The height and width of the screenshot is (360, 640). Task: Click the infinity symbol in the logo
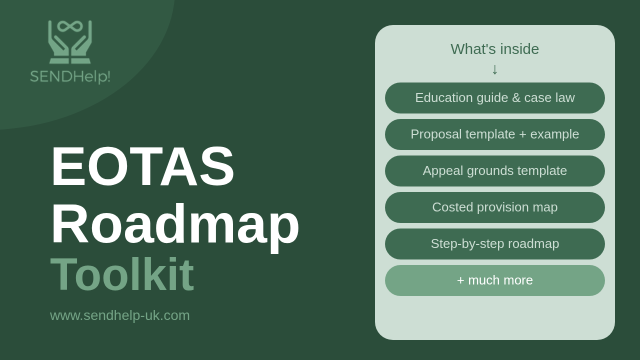(x=70, y=26)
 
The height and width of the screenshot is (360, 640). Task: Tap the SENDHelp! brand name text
(x=70, y=76)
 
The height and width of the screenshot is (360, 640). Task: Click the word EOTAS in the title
(x=142, y=166)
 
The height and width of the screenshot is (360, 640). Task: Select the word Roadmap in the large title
(x=175, y=224)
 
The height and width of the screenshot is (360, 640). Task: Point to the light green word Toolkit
(x=122, y=274)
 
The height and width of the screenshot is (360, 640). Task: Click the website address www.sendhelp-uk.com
(x=119, y=315)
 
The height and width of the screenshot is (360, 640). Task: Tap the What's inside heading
(x=495, y=49)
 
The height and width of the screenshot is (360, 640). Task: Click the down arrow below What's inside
(x=495, y=69)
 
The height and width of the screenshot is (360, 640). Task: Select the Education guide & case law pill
(x=495, y=98)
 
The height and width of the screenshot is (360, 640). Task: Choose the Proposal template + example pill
(x=495, y=134)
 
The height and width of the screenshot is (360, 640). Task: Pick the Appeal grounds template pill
(x=495, y=171)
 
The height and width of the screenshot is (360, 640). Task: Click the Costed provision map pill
(x=495, y=207)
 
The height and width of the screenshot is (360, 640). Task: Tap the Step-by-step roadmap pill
(x=495, y=244)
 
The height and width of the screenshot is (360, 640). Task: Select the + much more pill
(x=495, y=280)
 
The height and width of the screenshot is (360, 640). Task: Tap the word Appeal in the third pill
(x=443, y=171)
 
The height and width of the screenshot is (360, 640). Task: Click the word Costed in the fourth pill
(x=452, y=207)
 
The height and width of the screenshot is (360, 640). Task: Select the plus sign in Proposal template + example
(x=522, y=134)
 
